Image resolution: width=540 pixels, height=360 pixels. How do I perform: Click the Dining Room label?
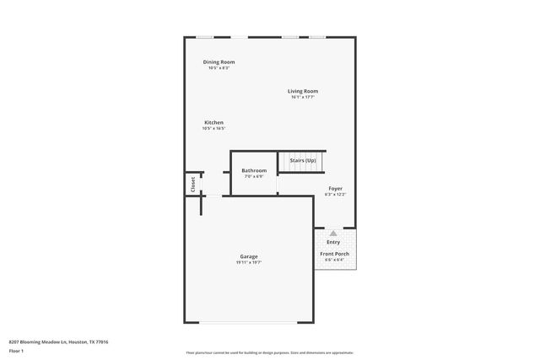(219, 62)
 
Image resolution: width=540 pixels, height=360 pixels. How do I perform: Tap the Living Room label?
(303, 91)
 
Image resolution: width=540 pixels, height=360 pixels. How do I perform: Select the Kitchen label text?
(213, 122)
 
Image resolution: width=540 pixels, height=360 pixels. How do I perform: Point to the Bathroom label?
(254, 170)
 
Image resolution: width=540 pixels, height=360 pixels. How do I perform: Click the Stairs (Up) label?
(303, 160)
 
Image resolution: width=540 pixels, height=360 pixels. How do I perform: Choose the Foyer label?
(335, 188)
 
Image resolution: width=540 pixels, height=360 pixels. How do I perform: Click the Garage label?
(249, 256)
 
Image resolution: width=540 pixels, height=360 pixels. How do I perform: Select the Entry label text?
(333, 242)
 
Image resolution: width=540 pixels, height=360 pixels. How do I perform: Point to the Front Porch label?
(334, 254)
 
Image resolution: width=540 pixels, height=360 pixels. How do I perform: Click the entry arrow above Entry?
(333, 233)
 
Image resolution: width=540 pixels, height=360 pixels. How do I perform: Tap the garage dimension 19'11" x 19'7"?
(249, 262)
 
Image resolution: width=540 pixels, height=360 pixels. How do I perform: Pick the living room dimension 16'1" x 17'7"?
(303, 97)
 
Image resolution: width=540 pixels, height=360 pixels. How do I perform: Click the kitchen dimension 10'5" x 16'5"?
(213, 128)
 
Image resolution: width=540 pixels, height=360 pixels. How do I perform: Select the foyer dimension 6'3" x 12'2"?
(335, 194)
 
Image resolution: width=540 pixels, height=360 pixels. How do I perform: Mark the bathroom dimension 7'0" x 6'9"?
(254, 176)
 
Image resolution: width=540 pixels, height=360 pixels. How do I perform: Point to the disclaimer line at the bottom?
(269, 352)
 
